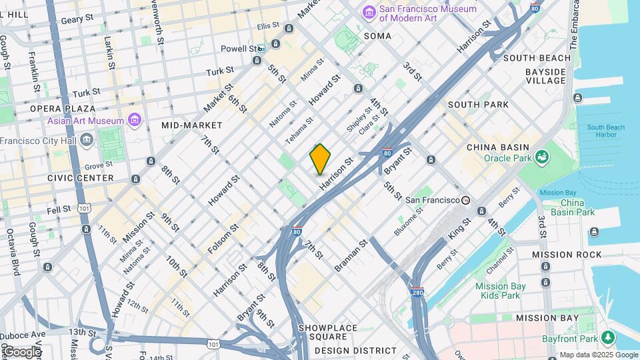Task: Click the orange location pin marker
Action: pyautogui.click(x=320, y=159)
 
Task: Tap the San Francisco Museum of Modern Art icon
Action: pyautogui.click(x=369, y=12)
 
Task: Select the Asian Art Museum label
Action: pyautogui.click(x=85, y=121)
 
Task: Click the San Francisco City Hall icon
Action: pyautogui.click(x=86, y=140)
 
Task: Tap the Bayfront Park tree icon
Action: pyautogui.click(x=607, y=338)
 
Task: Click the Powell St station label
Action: pyautogui.click(x=239, y=49)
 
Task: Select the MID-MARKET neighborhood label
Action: pyautogui.click(x=192, y=125)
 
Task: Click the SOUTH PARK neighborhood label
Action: pyautogui.click(x=478, y=105)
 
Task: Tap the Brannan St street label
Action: pyautogui.click(x=351, y=256)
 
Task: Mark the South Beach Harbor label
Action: pyautogui.click(x=606, y=131)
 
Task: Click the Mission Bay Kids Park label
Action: pyautogui.click(x=497, y=291)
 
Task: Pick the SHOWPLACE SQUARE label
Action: pyautogui.click(x=328, y=333)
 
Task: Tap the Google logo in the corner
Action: pyautogui.click(x=21, y=351)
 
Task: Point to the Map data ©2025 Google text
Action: pyautogui.click(x=598, y=355)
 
